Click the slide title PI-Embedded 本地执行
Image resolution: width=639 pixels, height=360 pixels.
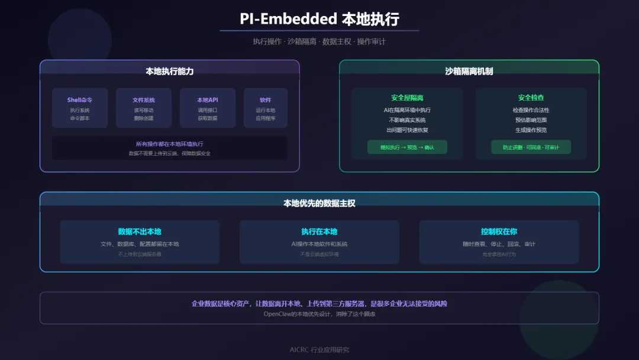click(x=319, y=18)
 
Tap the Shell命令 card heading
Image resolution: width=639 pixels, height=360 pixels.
click(x=80, y=100)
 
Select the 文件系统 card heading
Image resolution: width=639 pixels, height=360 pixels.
click(x=144, y=100)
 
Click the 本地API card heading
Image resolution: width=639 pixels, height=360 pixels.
click(x=208, y=100)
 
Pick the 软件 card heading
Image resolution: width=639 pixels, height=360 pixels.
click(x=266, y=100)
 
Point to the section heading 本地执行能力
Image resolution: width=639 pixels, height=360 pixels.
click(x=170, y=71)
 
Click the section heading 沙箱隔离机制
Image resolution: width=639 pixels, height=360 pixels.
click(x=469, y=71)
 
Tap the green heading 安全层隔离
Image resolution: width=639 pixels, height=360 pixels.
click(x=408, y=98)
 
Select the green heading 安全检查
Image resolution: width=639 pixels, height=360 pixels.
click(x=531, y=98)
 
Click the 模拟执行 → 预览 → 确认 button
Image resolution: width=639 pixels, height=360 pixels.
click(x=408, y=147)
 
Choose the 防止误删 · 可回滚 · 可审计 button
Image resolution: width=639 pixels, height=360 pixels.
click(x=531, y=147)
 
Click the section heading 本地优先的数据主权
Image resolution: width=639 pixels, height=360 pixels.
click(x=319, y=203)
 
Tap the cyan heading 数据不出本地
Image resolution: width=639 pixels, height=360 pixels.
click(x=140, y=232)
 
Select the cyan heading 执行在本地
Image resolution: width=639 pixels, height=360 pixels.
click(x=319, y=232)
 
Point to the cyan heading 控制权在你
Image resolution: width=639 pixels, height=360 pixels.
click(x=499, y=232)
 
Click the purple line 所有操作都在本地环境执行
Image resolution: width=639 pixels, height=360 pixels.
click(x=170, y=144)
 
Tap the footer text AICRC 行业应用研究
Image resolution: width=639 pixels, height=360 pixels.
click(x=319, y=349)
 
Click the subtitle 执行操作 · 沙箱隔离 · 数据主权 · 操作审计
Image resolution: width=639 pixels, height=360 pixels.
click(x=319, y=41)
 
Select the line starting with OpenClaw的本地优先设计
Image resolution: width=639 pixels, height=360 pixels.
click(x=319, y=314)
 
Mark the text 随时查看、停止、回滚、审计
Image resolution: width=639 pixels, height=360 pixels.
click(x=499, y=244)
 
